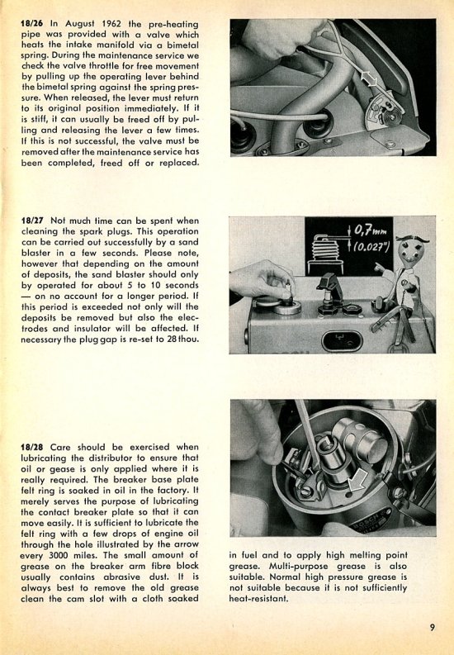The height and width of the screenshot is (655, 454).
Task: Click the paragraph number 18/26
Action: click(x=31, y=24)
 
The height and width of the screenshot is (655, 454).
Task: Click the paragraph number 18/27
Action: click(x=32, y=221)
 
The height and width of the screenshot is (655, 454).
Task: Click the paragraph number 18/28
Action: click(x=32, y=447)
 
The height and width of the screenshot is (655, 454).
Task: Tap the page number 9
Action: click(x=432, y=627)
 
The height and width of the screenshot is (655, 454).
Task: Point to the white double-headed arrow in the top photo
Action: click(x=370, y=79)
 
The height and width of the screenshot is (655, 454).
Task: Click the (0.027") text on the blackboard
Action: click(x=371, y=247)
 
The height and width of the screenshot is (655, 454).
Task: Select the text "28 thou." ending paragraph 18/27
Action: click(x=182, y=339)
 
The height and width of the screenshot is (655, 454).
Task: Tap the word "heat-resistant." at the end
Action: click(x=258, y=599)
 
